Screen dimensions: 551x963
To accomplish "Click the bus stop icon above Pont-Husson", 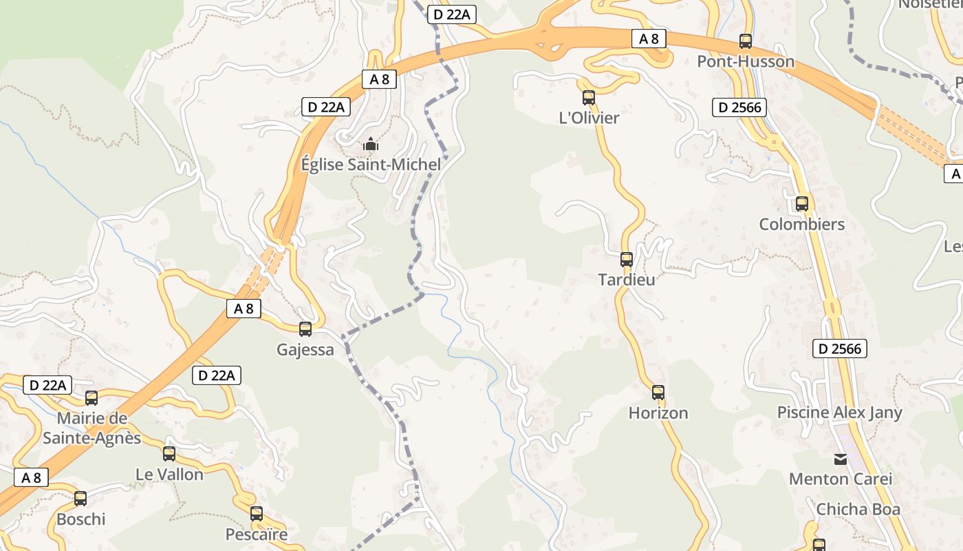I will click(746, 41).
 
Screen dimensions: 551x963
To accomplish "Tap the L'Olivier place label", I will click(589, 118).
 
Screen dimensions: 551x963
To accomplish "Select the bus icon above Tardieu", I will click(627, 260).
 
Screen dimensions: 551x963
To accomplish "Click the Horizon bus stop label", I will click(658, 413).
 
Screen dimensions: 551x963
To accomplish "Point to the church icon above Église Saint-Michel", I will click(371, 145).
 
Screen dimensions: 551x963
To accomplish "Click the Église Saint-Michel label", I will click(371, 165).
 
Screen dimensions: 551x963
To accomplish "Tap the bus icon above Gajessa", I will click(305, 329).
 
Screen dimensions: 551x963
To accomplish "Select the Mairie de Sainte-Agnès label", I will click(92, 428).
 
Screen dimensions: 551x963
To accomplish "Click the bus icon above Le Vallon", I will click(169, 454).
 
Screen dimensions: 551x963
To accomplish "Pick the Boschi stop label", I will click(81, 519).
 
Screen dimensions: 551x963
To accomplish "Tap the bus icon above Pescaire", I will click(257, 513).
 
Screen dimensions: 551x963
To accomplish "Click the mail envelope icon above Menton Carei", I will click(841, 459).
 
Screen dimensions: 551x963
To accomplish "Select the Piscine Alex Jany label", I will click(849, 413).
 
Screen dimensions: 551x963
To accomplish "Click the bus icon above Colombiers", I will click(802, 204).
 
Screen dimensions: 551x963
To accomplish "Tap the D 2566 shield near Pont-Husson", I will click(739, 107).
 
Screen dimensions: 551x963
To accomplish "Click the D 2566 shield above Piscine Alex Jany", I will click(839, 349).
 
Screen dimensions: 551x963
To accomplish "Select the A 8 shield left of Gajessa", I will click(244, 309).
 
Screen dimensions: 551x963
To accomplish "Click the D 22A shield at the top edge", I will click(452, 14).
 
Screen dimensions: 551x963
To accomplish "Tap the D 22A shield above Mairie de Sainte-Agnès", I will click(47, 385).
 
